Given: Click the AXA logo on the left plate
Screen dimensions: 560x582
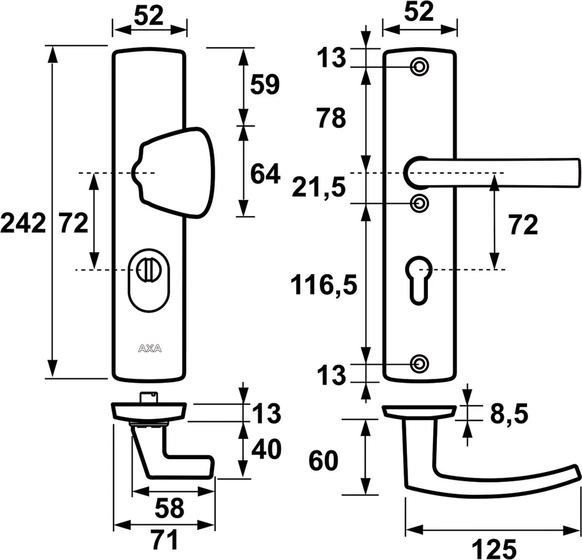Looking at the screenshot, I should (x=149, y=348).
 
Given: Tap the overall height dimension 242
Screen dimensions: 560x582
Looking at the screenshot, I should (x=23, y=224).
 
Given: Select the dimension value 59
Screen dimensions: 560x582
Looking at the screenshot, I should (x=265, y=85).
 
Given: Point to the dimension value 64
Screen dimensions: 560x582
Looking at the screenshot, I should (x=265, y=174).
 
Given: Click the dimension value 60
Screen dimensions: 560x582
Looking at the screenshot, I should (x=323, y=461).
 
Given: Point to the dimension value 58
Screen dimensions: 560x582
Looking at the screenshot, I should (x=170, y=508).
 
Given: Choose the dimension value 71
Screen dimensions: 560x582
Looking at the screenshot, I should (x=164, y=540).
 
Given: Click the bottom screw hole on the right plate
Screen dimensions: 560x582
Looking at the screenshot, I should (x=420, y=363).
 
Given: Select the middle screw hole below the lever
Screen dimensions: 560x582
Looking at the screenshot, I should (x=420, y=203).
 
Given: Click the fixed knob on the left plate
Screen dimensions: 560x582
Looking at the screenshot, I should (x=173, y=173).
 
